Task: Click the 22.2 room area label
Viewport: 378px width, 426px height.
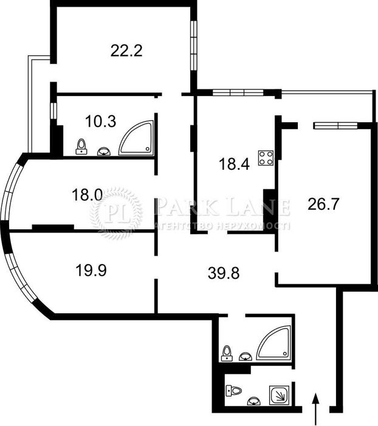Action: (x=126, y=51)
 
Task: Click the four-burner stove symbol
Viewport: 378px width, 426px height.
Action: (x=266, y=159)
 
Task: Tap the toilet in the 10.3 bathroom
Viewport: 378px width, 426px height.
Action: (x=82, y=146)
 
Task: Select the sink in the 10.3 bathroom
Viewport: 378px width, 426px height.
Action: (x=104, y=149)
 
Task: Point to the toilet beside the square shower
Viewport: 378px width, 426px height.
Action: (x=233, y=390)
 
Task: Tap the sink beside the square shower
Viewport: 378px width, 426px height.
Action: (x=253, y=401)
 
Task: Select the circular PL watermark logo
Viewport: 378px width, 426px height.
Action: (x=116, y=212)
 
